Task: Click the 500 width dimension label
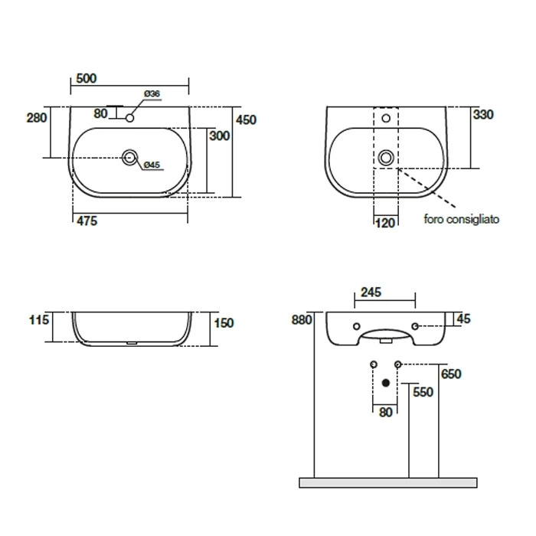pos(86,78)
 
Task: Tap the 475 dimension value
pos(87,221)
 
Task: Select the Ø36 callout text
pos(152,93)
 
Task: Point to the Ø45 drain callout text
pos(152,165)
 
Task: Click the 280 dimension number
pos(37,118)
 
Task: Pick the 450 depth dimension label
pos(246,119)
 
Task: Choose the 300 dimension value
pos(220,136)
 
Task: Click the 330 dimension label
pos(483,114)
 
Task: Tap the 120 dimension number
pos(385,223)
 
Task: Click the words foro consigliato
pos(462,219)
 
